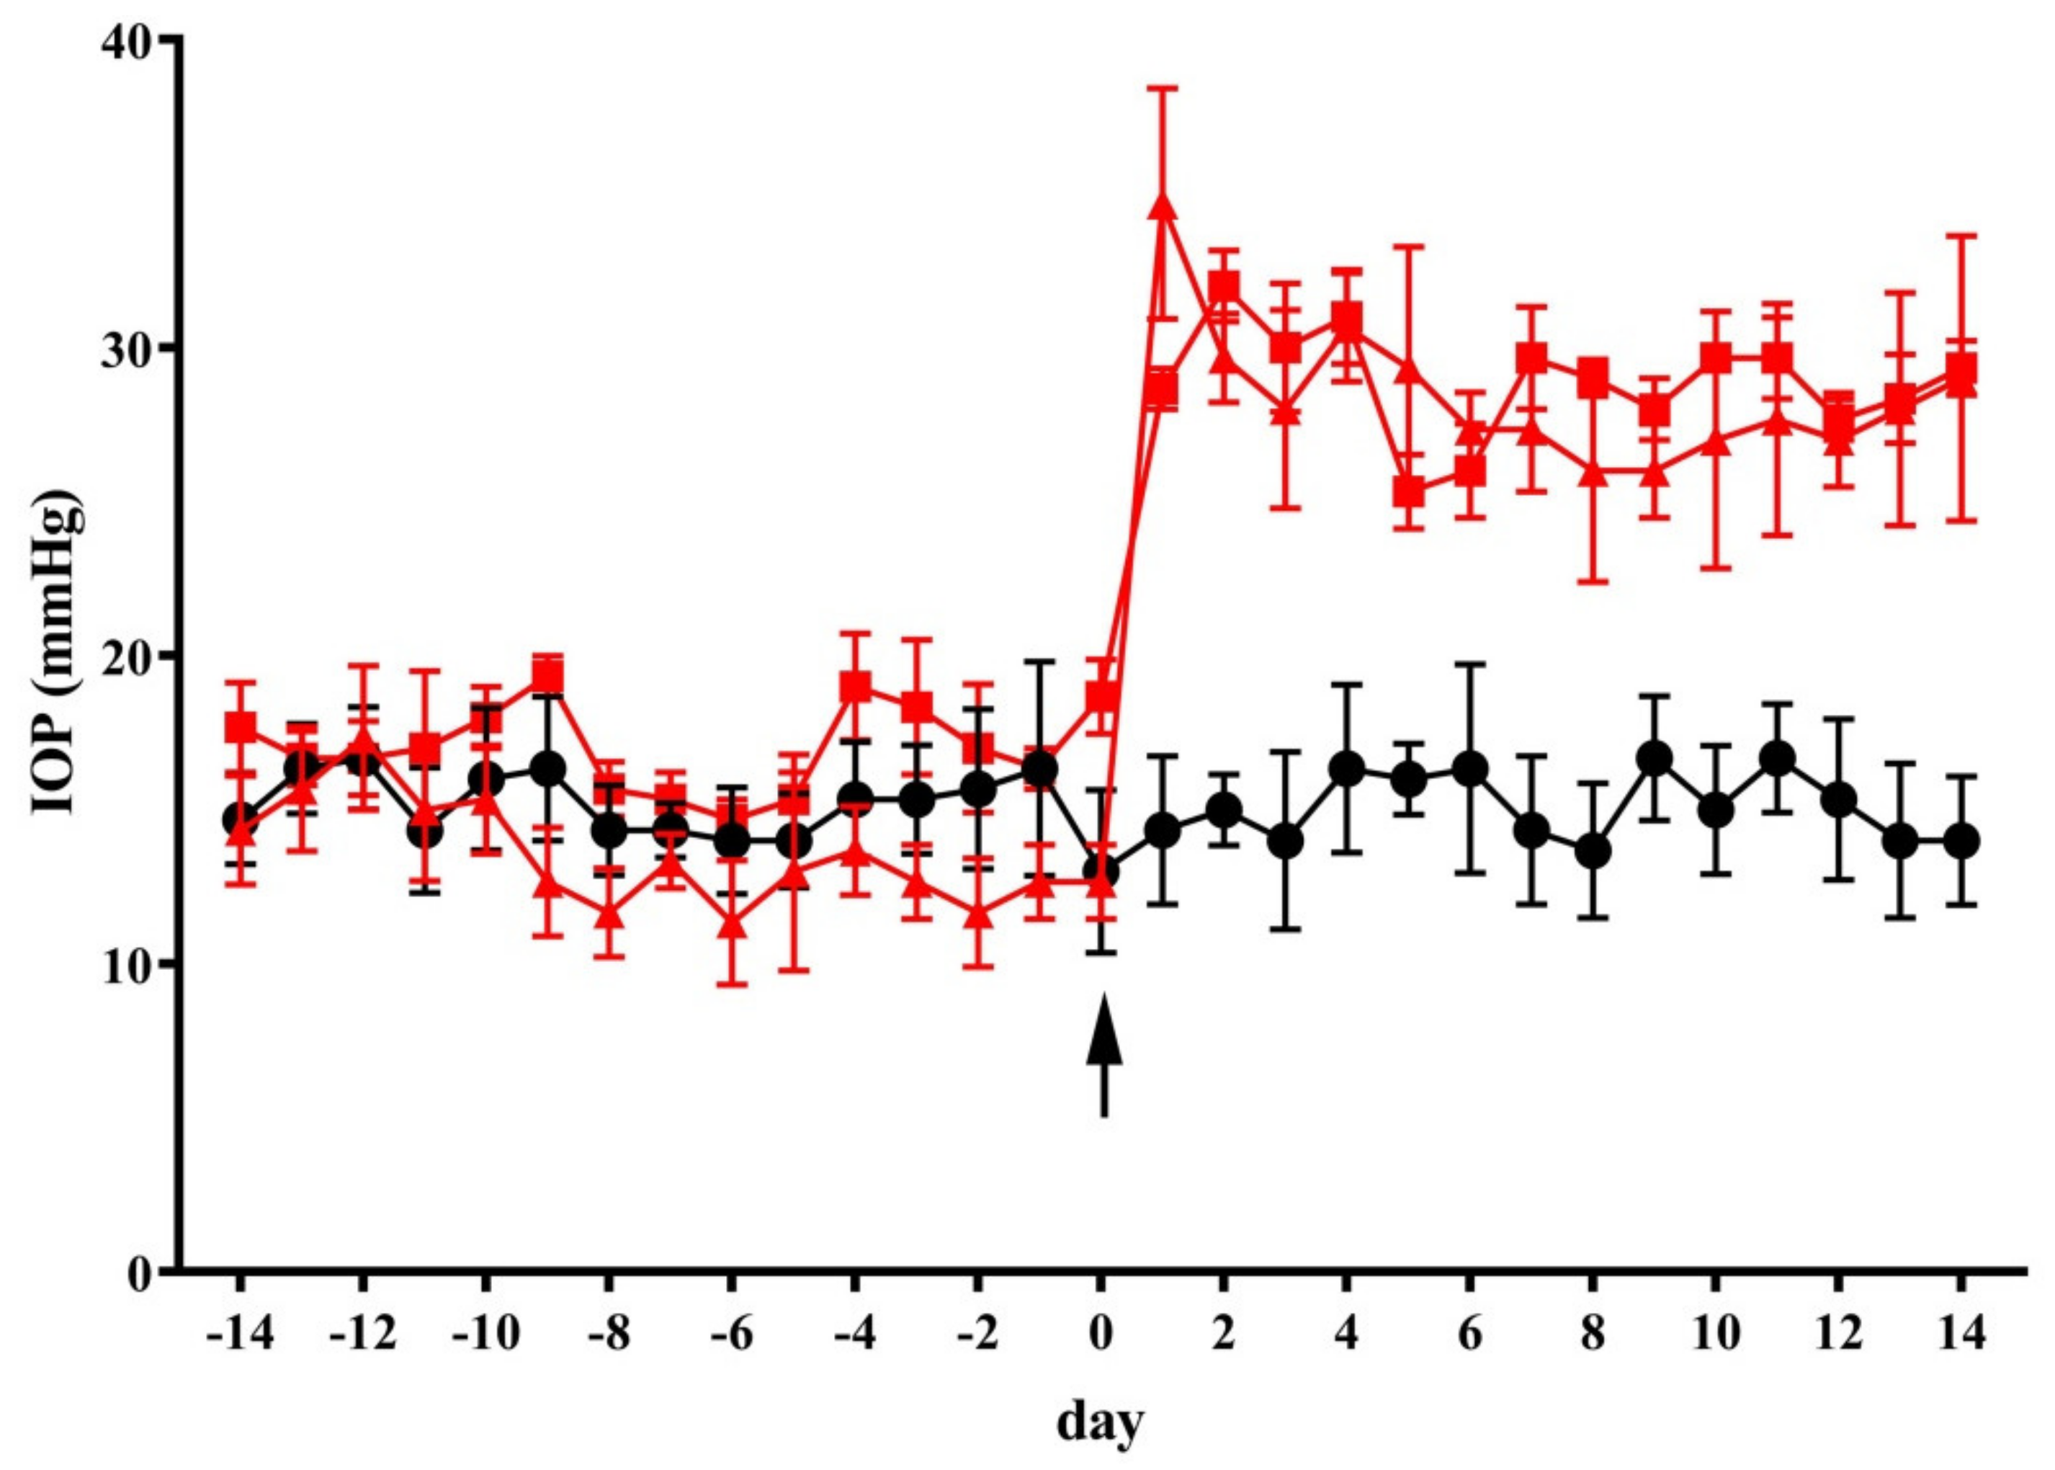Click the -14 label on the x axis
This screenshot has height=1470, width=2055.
[239, 1335]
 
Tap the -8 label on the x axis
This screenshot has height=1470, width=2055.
[608, 1335]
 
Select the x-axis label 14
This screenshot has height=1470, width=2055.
[1961, 1335]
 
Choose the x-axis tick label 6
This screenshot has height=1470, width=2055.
[1469, 1335]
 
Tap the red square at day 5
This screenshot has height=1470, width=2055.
[1409, 494]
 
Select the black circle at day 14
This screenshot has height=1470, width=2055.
[1961, 841]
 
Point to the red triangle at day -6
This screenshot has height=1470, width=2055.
[732, 925]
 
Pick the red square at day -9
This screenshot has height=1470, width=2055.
[547, 675]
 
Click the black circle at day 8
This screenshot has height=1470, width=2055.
[1593, 851]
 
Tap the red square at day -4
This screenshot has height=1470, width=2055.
[855, 688]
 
